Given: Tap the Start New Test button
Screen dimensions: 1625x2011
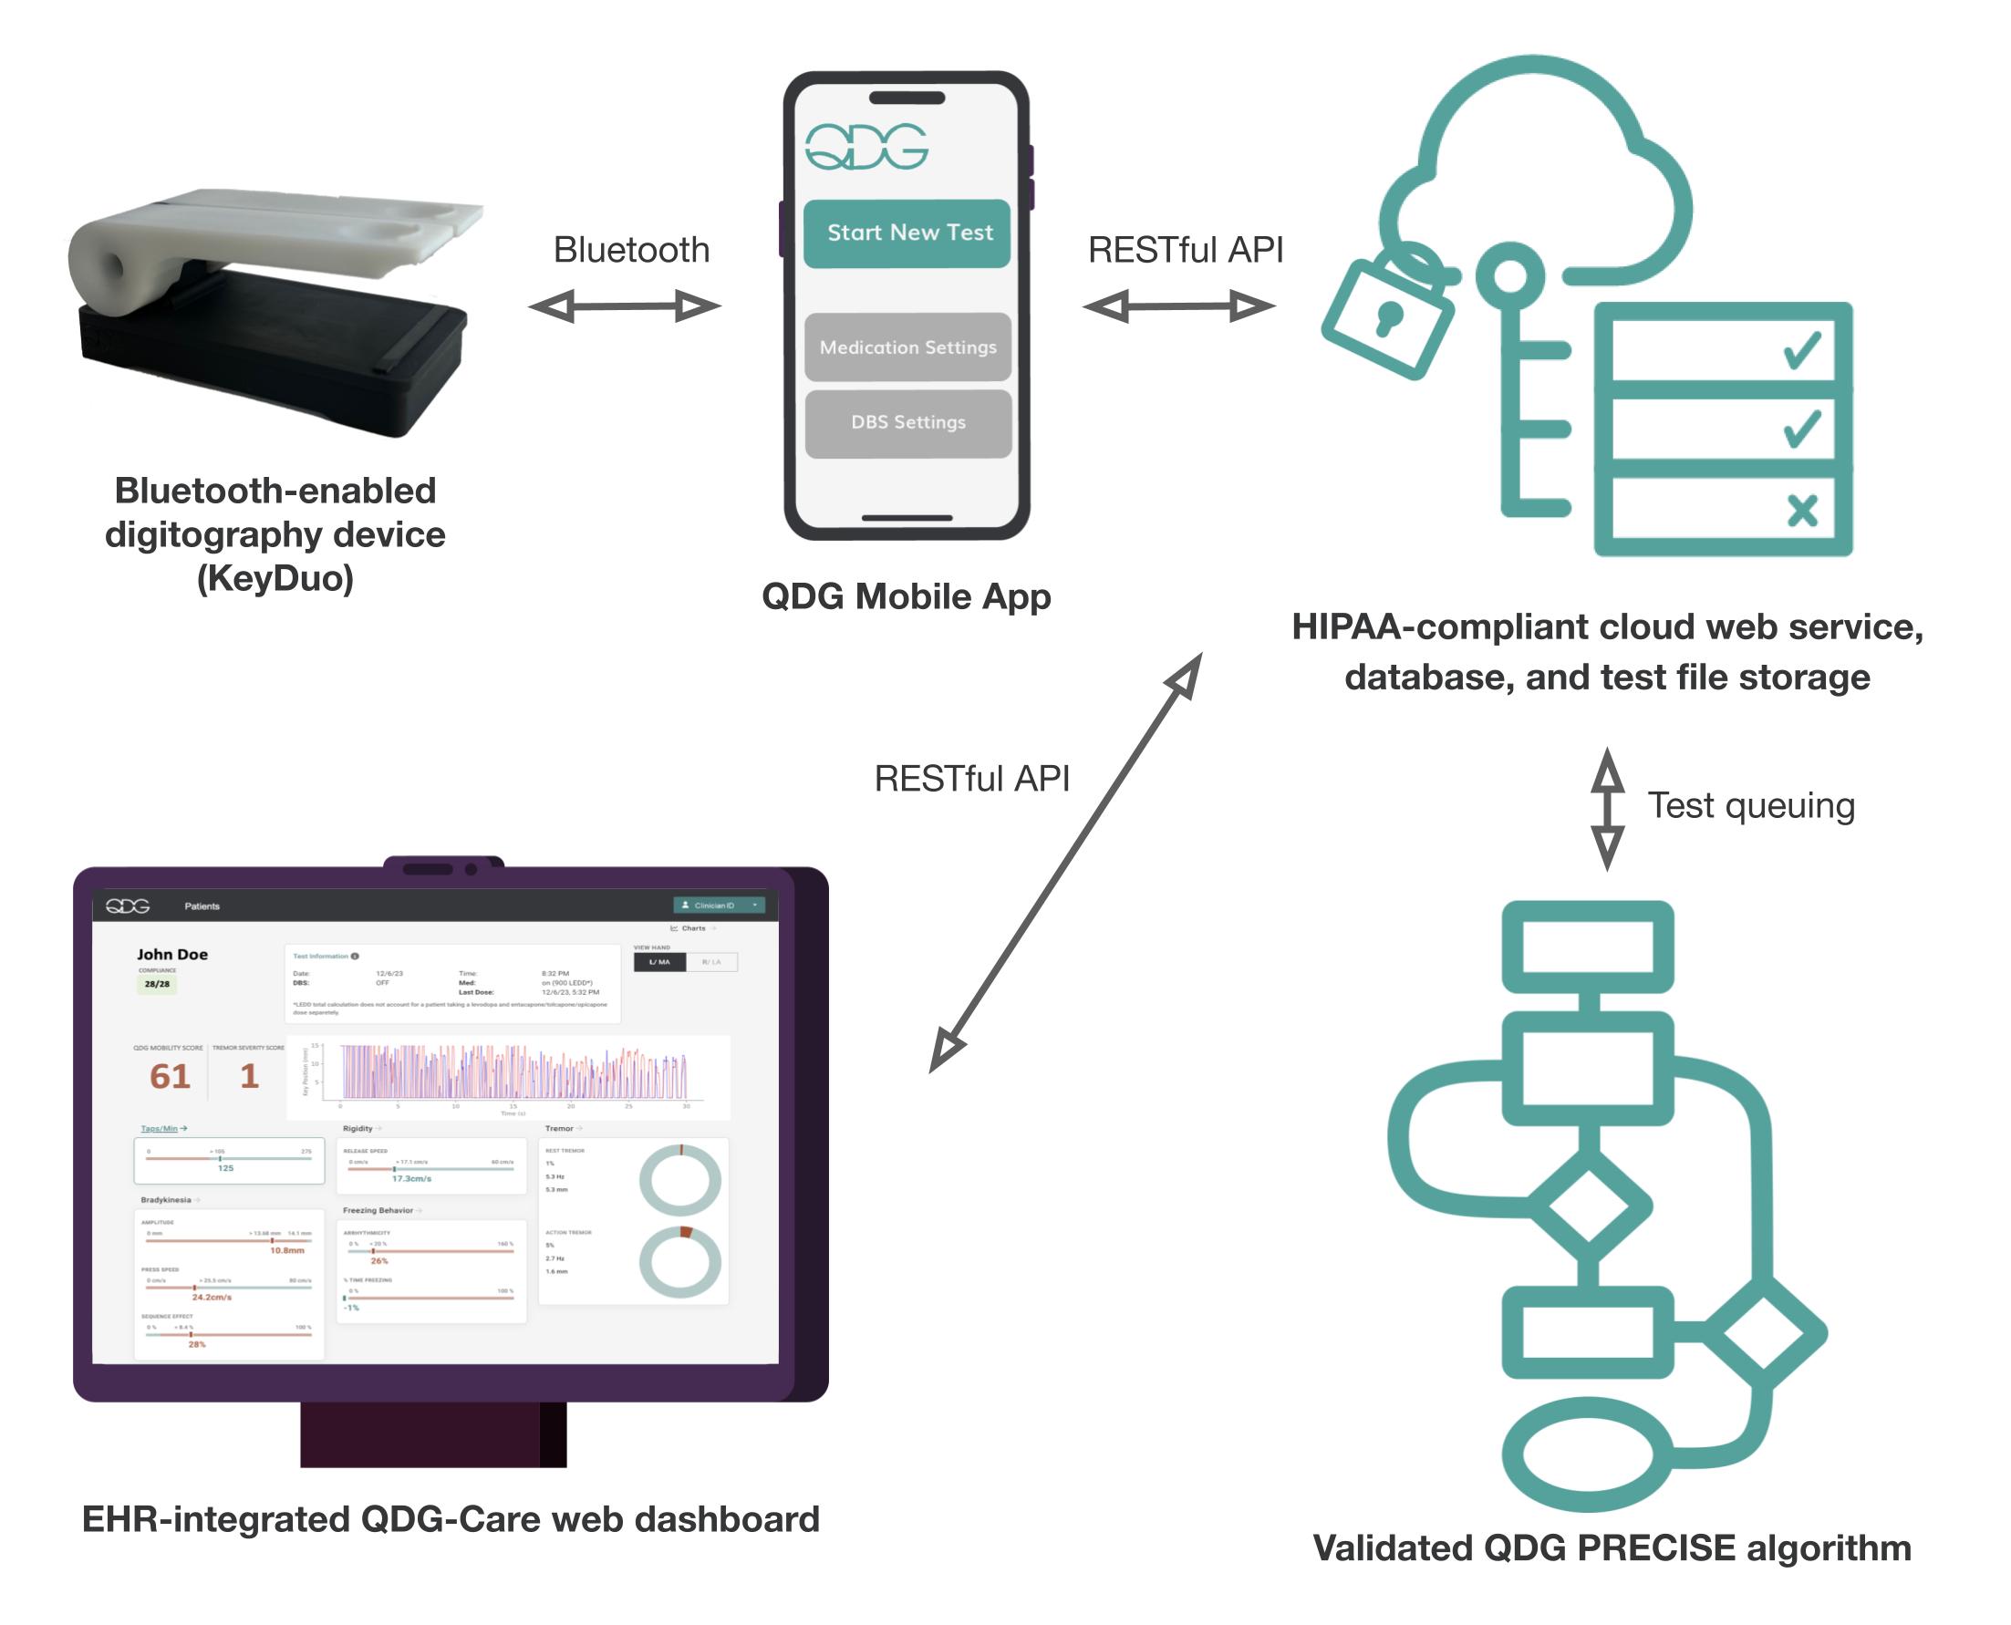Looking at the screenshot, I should coord(907,233).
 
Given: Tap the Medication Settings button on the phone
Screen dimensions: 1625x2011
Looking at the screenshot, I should coord(907,347).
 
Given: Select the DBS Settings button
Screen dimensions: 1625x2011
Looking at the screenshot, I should coord(907,423).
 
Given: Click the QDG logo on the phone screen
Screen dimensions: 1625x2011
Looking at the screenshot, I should coord(866,147).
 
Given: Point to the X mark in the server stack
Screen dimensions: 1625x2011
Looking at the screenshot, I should coord(1801,511).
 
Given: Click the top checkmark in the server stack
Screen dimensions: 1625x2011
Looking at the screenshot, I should coord(1801,350).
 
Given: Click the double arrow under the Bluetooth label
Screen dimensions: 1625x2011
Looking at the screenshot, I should coord(625,306).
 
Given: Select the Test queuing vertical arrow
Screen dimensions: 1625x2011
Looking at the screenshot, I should coord(1607,809).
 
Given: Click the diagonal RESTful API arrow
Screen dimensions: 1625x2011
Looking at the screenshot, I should coord(1064,863).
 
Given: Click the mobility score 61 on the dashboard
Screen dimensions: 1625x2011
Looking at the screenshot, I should coord(170,1076).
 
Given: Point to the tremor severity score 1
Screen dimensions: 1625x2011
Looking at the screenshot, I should coord(249,1076).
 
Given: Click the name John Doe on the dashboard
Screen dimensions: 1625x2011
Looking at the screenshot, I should coord(172,955).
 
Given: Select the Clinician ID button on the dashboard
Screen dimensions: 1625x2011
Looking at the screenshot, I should coord(718,906).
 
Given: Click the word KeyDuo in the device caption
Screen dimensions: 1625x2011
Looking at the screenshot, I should coord(275,578).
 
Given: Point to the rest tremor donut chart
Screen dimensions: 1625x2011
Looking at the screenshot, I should coord(679,1181).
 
